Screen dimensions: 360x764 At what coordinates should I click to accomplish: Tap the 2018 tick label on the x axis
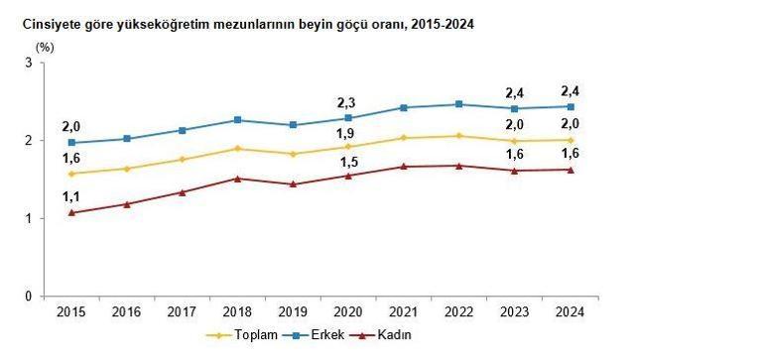point(237,312)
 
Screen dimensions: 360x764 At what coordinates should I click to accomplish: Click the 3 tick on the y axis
point(31,62)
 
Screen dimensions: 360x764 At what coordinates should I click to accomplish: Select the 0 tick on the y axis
point(31,296)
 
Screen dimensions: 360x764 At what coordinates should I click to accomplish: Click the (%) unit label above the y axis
point(46,46)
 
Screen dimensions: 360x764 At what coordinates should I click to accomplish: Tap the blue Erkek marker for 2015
point(71,143)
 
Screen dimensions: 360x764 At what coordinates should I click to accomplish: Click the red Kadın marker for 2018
point(237,179)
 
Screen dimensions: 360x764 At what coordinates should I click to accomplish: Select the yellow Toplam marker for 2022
point(458,136)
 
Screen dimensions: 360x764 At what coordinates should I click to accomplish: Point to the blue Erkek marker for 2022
point(458,104)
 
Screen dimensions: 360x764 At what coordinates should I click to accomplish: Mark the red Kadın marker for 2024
point(570,170)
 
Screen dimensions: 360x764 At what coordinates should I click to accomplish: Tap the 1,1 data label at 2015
point(71,196)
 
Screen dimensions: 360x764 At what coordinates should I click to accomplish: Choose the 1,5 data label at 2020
point(348,162)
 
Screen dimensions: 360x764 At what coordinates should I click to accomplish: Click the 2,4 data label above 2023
point(514,89)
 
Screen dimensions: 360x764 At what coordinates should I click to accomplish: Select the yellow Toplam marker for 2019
point(293,154)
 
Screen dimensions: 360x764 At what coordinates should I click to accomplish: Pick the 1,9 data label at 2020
point(348,132)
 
